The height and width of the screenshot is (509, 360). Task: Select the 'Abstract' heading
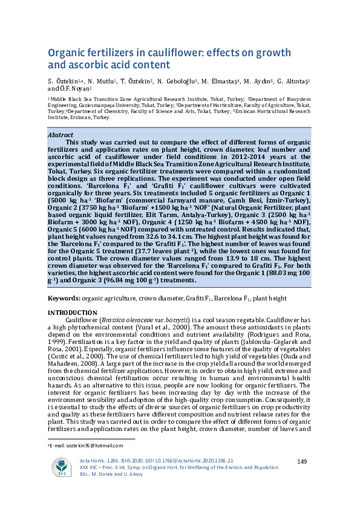61,135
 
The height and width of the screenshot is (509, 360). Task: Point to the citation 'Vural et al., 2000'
160,326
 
